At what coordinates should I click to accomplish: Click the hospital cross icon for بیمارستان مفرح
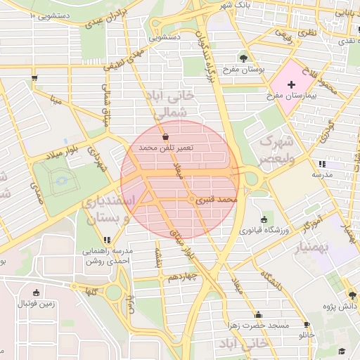point(292,84)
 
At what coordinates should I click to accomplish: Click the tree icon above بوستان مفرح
point(243,58)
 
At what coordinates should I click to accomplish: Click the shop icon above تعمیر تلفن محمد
point(165,137)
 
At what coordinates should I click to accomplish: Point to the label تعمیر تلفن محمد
point(165,148)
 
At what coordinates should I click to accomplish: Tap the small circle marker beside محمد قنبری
point(192,201)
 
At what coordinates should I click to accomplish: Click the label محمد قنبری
point(217,201)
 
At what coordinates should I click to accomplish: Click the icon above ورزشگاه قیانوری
point(264,219)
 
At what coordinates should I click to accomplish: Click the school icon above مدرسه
point(322,163)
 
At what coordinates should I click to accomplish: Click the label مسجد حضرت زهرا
point(258,326)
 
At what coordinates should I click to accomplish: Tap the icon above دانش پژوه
point(351,295)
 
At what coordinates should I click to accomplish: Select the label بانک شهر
point(235,5)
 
